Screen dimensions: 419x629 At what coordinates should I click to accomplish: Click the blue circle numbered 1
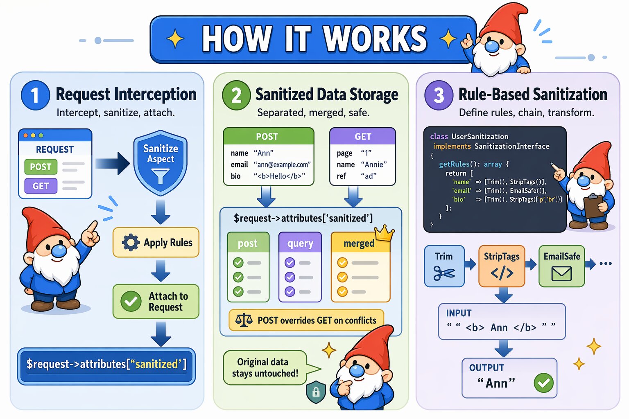point(35,95)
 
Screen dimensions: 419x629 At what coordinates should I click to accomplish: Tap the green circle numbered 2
point(236,95)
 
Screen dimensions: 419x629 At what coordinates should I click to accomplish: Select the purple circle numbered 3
point(439,95)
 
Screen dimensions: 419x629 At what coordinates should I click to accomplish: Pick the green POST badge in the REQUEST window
point(41,167)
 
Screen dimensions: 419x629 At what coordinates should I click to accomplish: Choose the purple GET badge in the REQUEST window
point(41,186)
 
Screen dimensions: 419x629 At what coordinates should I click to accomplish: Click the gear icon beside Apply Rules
point(131,243)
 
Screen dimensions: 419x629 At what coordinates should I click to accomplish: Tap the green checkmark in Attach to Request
point(131,302)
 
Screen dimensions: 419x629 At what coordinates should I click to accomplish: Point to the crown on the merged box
point(384,233)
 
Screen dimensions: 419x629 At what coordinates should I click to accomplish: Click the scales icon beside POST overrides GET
point(244,320)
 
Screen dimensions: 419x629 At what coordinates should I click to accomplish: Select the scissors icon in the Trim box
point(444,273)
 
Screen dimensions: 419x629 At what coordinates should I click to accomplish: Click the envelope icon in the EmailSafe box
point(561,273)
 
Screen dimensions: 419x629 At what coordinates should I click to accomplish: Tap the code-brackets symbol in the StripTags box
point(502,273)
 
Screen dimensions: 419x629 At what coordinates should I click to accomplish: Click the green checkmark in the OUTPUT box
point(543,383)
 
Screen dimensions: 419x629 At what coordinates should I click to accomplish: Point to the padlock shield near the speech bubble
point(316,392)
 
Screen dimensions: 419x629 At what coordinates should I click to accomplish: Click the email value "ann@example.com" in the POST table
point(282,164)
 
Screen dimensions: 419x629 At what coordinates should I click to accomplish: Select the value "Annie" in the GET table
point(373,164)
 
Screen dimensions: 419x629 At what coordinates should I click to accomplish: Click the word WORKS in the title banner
point(375,39)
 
